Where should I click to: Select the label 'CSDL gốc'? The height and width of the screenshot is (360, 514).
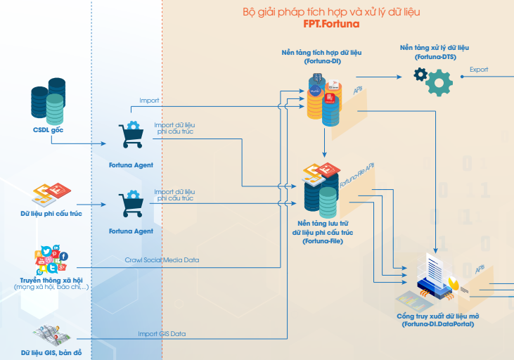point(48,130)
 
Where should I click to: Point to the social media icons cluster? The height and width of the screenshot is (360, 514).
point(53,260)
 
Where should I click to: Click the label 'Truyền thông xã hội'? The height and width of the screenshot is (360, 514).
point(51,281)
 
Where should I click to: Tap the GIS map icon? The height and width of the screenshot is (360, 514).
point(49,335)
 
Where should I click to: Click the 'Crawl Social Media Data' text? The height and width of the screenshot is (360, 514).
point(162,260)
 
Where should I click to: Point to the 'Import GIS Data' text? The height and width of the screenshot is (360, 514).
point(162,333)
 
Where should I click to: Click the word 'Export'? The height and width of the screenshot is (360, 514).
point(479,70)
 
